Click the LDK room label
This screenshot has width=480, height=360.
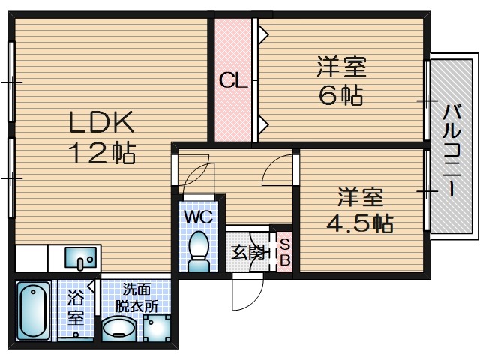102,121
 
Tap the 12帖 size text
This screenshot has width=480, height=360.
102,153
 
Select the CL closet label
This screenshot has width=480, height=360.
233,80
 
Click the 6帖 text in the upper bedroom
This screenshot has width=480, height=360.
341,95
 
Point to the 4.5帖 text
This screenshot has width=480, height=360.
360,223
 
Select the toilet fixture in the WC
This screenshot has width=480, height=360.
199,250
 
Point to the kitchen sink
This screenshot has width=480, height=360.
80,259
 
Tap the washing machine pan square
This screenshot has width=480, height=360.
157,328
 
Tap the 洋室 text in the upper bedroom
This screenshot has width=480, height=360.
341,67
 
